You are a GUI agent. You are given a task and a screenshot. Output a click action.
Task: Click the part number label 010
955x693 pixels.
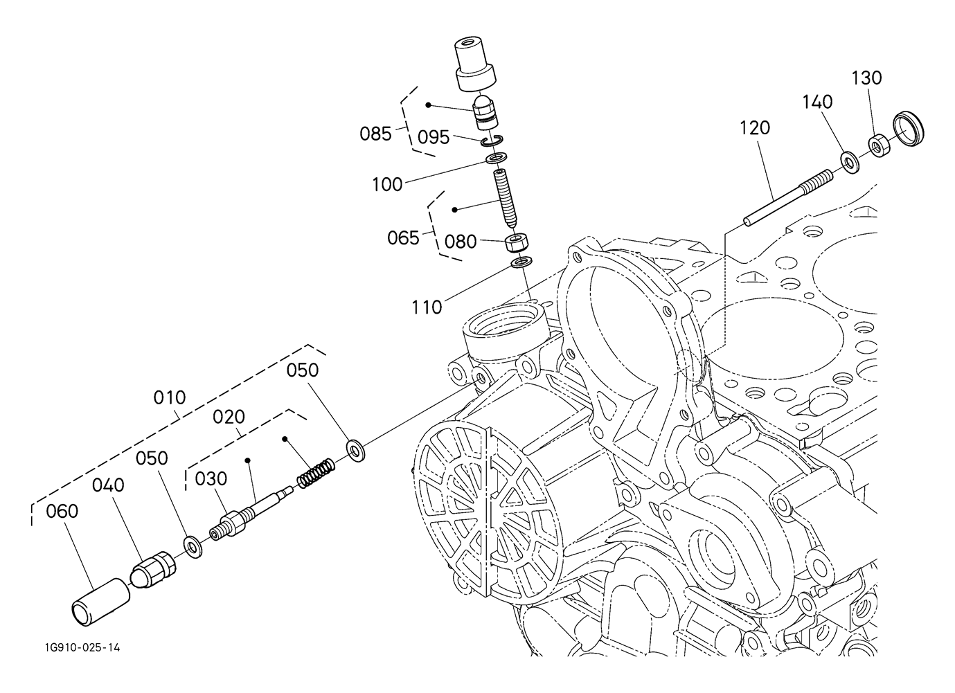[169, 397]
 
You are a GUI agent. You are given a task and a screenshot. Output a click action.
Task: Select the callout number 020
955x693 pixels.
[229, 417]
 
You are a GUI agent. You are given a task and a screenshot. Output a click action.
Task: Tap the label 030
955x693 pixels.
[211, 479]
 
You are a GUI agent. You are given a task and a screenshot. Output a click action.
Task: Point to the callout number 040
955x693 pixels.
[108, 485]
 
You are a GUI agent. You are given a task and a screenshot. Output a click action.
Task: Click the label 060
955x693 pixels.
[62, 512]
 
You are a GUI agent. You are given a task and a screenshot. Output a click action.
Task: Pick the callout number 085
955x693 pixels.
[375, 134]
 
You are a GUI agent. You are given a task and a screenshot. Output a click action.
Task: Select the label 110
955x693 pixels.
[427, 307]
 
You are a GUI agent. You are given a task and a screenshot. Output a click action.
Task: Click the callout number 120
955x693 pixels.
[755, 128]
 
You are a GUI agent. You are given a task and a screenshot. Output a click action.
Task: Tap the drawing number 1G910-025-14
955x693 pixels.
[82, 648]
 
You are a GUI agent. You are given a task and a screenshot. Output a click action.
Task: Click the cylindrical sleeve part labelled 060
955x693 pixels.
[101, 602]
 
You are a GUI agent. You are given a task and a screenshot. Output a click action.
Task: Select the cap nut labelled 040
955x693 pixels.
[152, 570]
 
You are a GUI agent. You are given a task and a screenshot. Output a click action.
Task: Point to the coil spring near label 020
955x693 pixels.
[316, 474]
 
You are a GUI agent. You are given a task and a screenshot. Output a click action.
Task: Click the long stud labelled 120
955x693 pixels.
[787, 198]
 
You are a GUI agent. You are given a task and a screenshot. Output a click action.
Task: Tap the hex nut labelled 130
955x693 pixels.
[878, 145]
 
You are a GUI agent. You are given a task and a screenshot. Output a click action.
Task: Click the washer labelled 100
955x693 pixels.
[497, 158]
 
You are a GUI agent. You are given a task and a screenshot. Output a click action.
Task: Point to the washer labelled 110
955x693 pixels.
[521, 262]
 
